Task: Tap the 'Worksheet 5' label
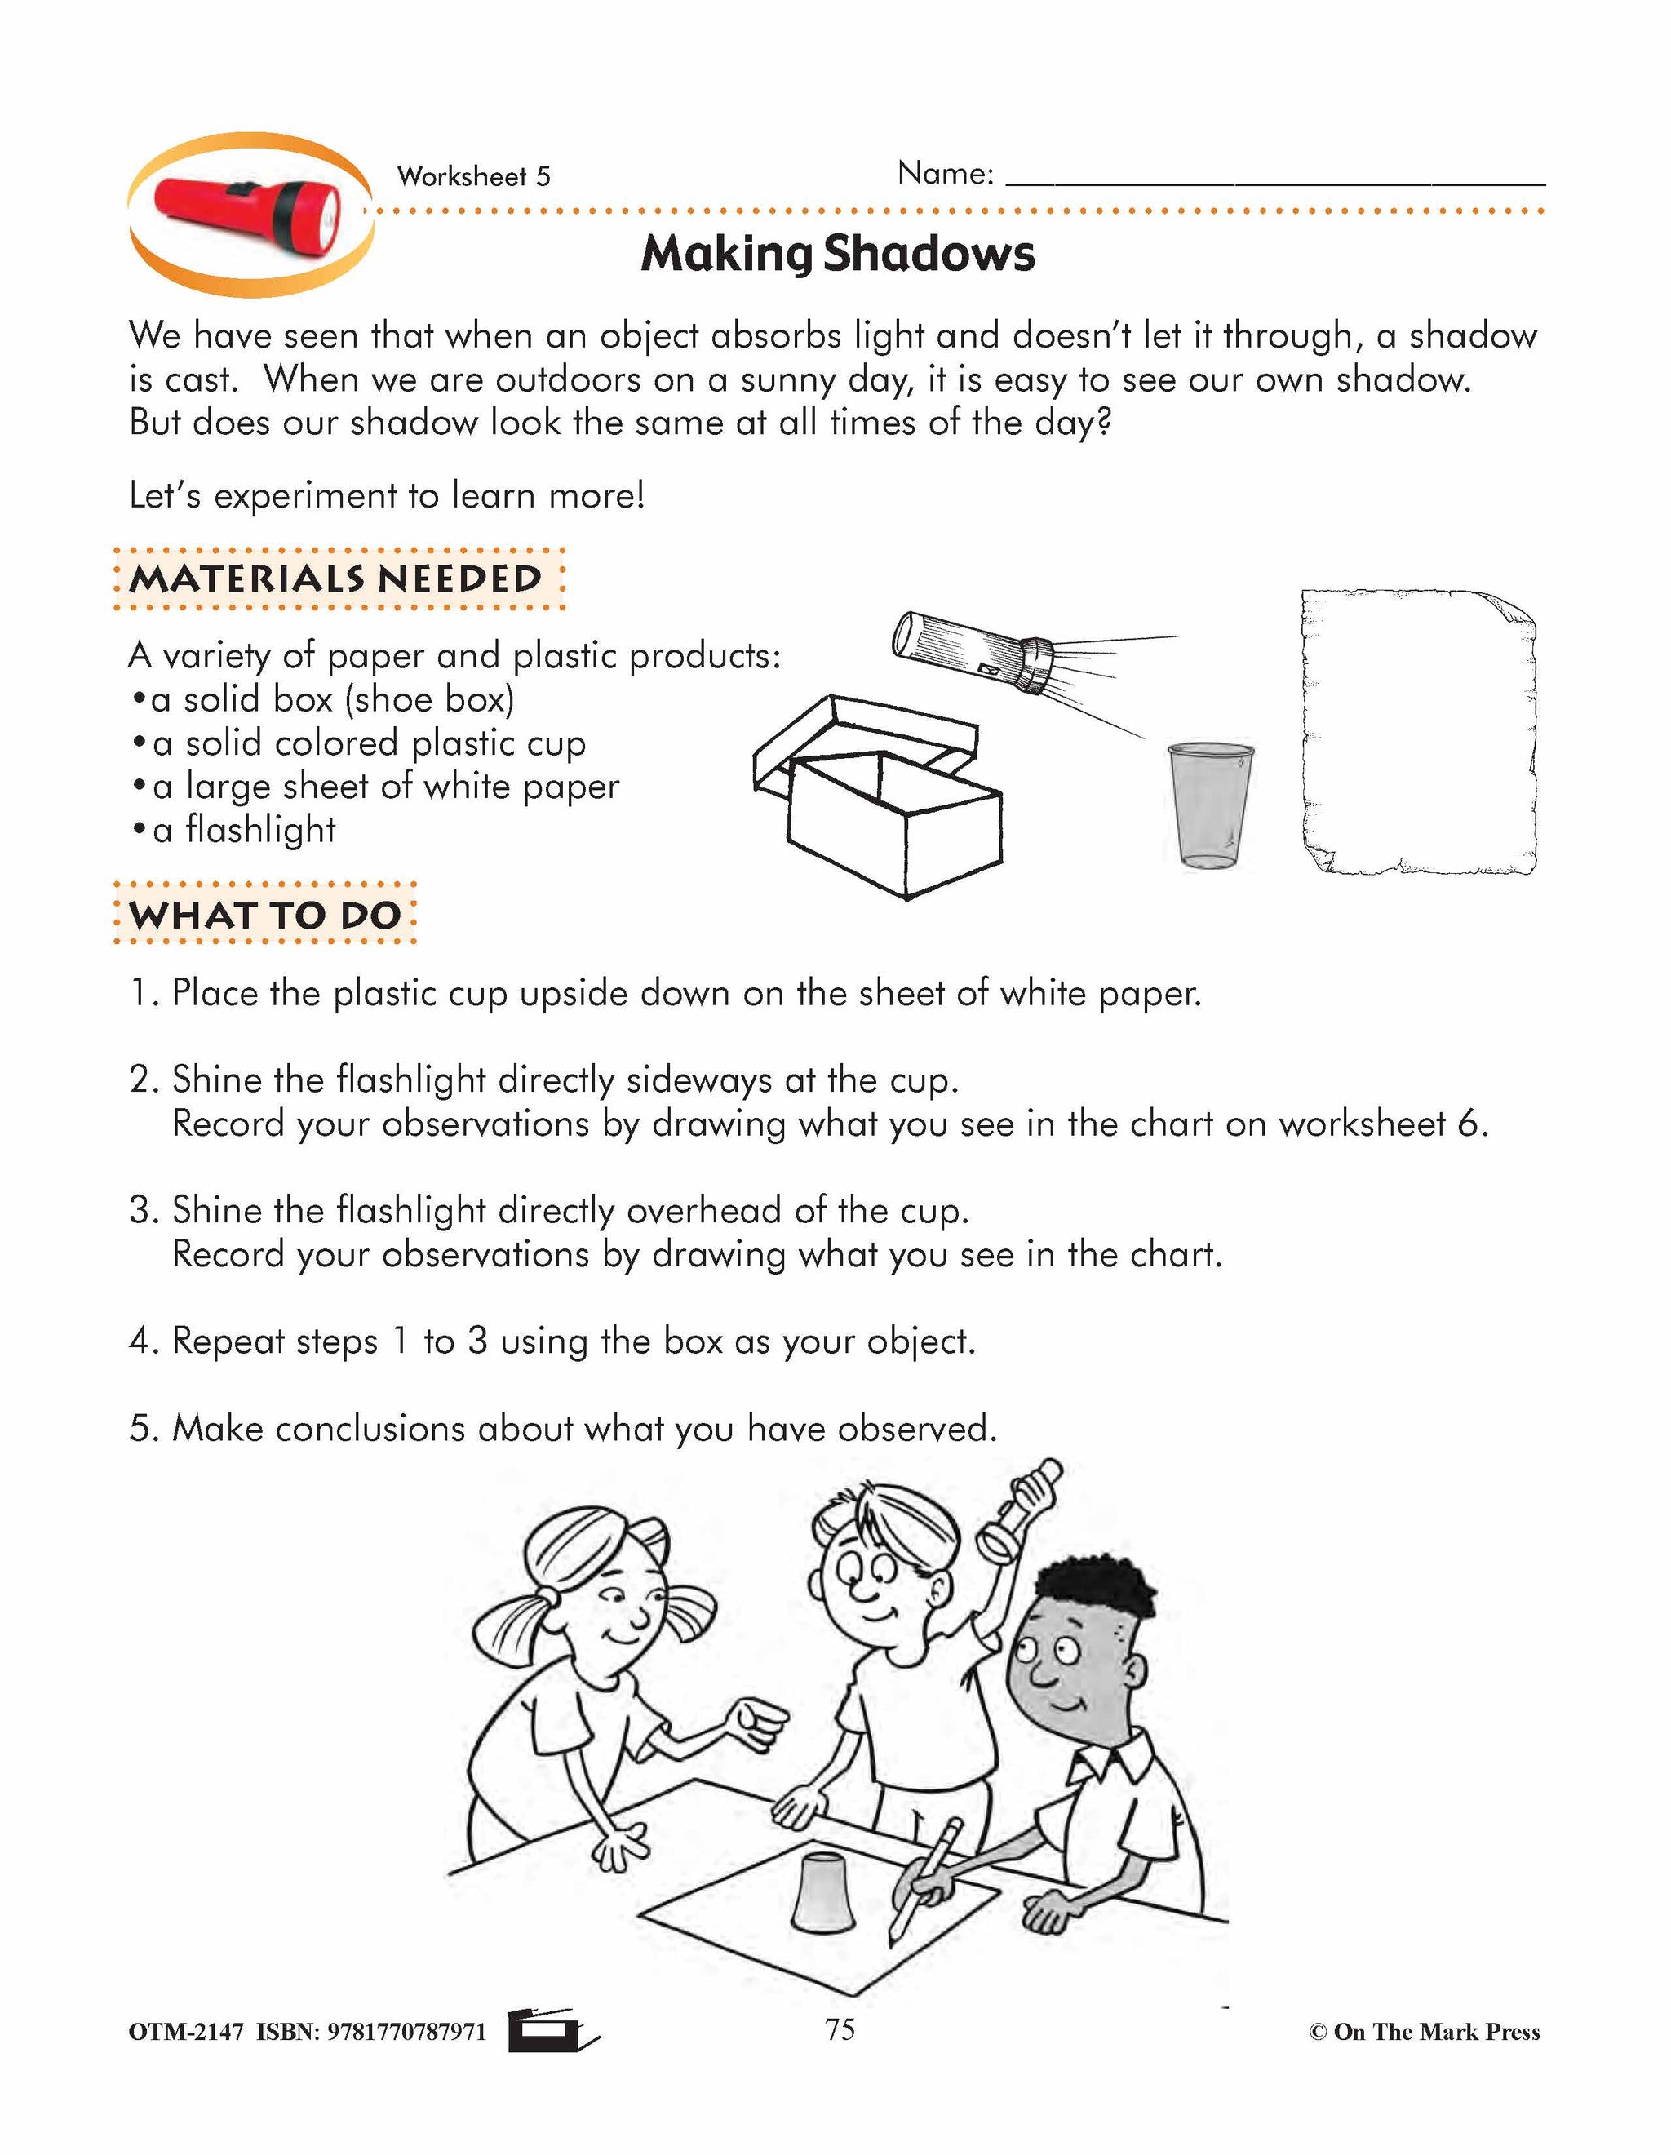tap(473, 176)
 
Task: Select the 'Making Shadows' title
tap(837, 254)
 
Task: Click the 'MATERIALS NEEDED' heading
tap(336, 579)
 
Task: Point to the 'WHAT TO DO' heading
tap(264, 915)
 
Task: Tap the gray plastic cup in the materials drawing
tap(1209, 805)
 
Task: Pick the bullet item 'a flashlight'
tap(244, 830)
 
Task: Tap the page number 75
tap(840, 2029)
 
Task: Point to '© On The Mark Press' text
tap(1424, 2032)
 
